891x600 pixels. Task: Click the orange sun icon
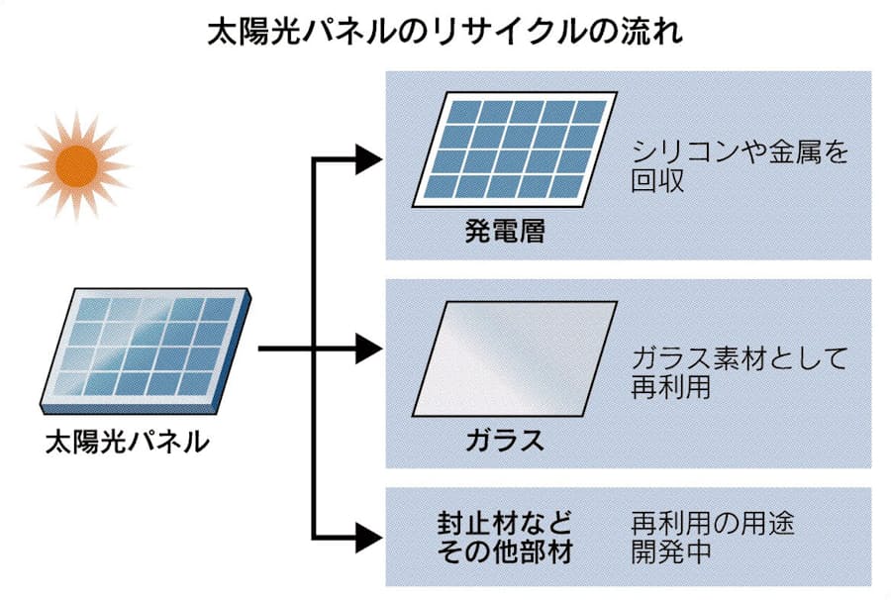76,163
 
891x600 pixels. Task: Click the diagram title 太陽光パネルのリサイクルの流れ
445,33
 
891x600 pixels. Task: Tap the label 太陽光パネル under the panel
128,441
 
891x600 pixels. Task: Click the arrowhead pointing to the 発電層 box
368,157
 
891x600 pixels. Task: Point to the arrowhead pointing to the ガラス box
368,348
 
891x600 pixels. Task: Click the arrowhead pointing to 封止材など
368,538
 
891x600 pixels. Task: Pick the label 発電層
505,234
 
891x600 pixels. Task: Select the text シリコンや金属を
740,153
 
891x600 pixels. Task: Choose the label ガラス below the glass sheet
505,440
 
